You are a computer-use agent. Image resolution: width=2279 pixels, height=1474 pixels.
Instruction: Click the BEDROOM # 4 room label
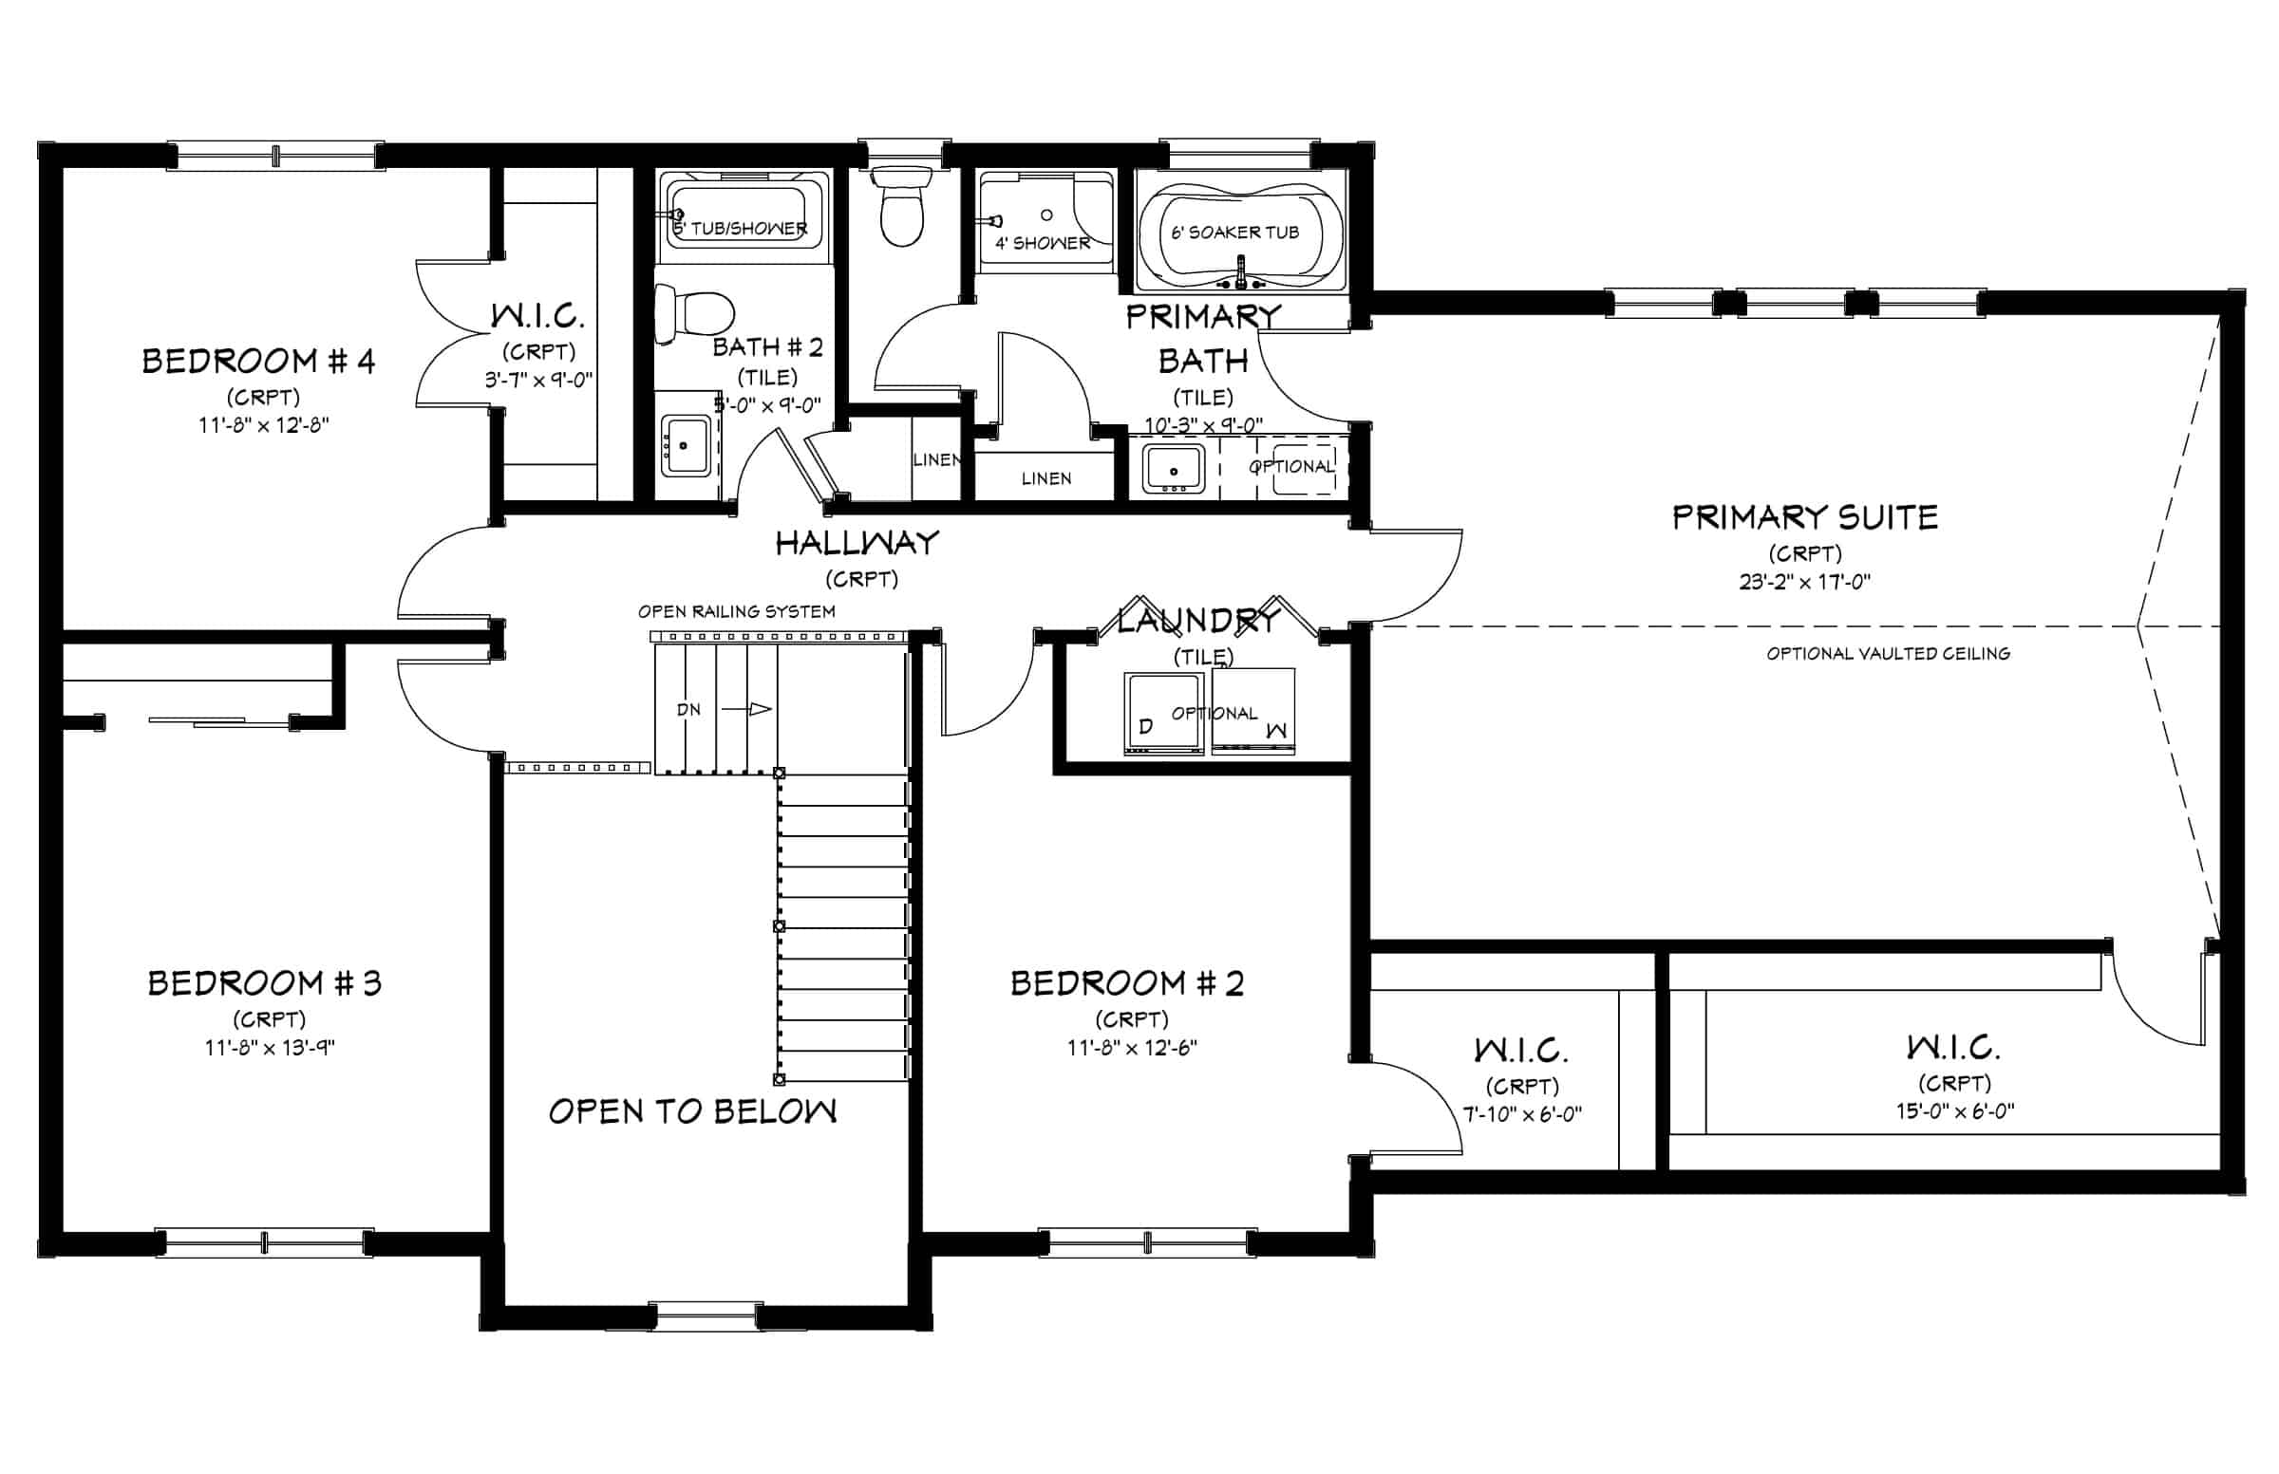coord(258,361)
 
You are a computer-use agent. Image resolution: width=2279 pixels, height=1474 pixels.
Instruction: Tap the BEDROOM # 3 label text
coord(264,983)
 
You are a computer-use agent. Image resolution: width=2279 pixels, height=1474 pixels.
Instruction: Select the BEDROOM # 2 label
coord(1127,983)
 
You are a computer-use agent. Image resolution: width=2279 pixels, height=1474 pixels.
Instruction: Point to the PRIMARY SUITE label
coord(1805,517)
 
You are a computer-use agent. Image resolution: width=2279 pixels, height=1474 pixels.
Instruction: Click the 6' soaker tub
coord(1240,232)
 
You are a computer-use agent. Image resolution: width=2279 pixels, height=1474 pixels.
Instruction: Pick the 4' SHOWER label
coord(1043,243)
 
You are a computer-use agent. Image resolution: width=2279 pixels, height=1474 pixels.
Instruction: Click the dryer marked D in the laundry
coord(1162,714)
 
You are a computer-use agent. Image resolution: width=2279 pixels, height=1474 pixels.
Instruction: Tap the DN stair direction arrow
coord(747,709)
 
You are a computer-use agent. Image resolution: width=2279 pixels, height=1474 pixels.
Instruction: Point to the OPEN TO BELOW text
coord(692,1110)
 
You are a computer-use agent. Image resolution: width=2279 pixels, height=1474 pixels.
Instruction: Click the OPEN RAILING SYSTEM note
coord(736,611)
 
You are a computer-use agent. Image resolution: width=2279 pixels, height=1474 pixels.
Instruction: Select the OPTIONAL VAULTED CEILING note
coord(1889,654)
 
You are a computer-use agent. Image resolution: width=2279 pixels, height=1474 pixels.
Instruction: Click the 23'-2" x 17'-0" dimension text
coord(1805,581)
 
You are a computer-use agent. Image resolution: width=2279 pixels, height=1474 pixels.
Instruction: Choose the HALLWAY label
coord(857,544)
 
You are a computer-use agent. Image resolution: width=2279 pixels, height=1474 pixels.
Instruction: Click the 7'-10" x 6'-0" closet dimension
coord(1521,1114)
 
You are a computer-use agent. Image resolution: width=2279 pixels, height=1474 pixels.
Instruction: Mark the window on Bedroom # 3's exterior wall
coord(264,1242)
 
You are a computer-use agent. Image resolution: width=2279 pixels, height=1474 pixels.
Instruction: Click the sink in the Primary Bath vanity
coord(1173,469)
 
